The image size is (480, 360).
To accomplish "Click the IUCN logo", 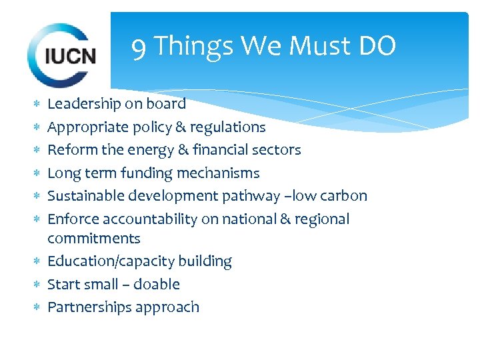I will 62,55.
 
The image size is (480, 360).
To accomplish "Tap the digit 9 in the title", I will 139,47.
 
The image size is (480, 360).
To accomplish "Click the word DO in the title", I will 377,47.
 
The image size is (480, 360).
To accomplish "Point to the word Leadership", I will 84,103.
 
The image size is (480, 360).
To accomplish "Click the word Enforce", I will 71,219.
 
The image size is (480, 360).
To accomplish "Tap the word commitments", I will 94,238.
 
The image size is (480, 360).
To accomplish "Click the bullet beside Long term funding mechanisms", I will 37,173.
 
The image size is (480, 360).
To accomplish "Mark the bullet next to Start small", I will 37,285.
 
